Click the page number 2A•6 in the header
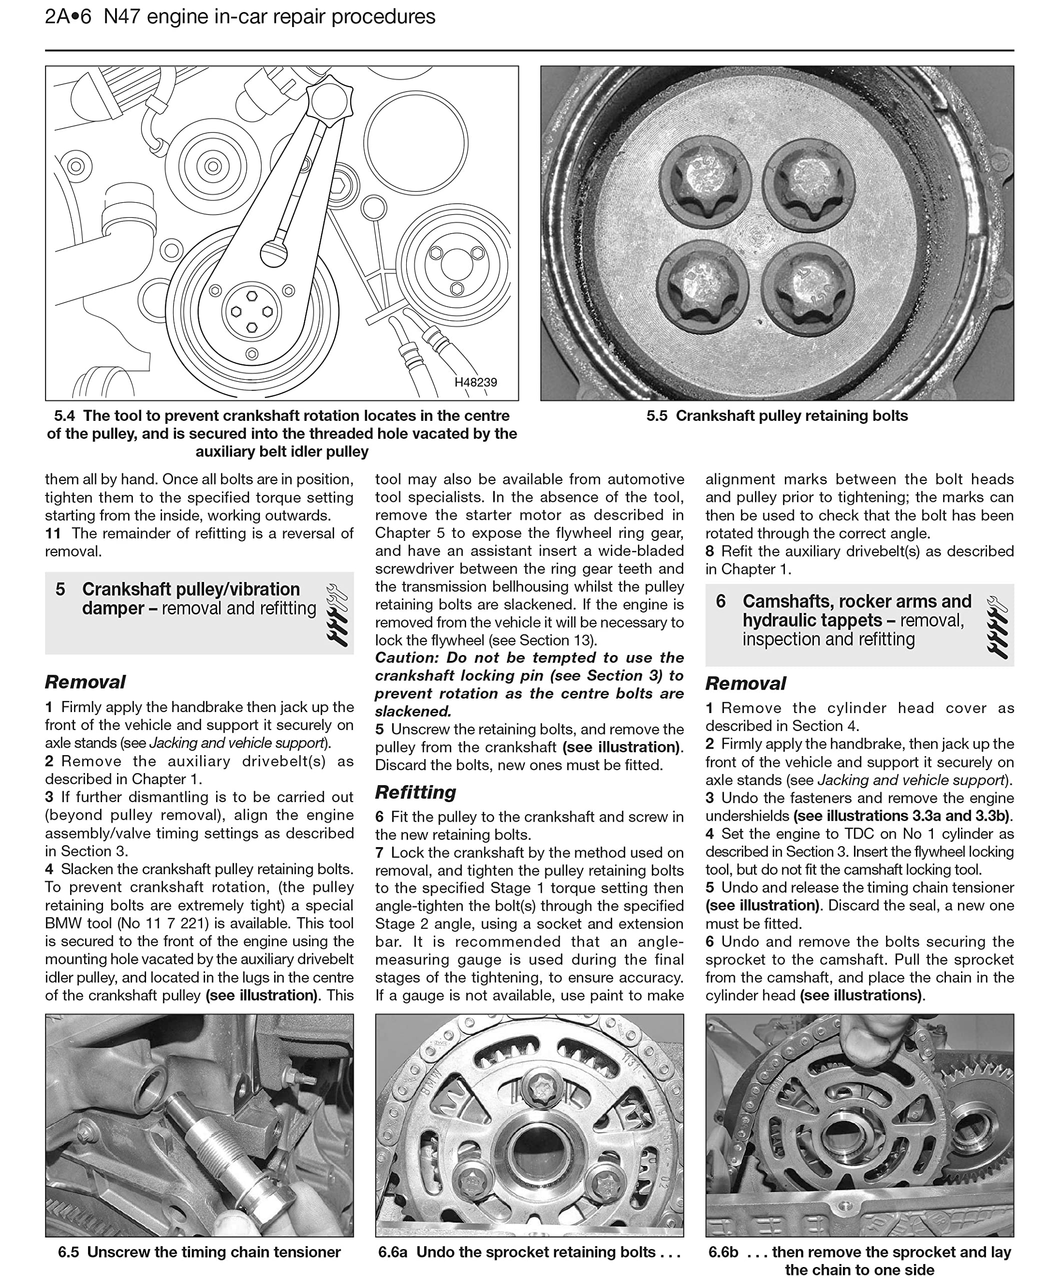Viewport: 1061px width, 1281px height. (x=68, y=17)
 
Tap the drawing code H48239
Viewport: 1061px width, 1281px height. (x=475, y=382)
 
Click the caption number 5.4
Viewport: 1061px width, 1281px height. (x=65, y=416)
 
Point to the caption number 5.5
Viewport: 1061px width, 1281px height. (x=656, y=416)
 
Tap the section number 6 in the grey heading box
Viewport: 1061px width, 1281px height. (x=721, y=601)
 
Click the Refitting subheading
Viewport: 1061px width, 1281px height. (x=415, y=793)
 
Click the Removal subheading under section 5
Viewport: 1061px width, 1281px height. (x=85, y=682)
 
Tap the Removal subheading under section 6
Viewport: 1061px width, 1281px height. (x=745, y=683)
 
